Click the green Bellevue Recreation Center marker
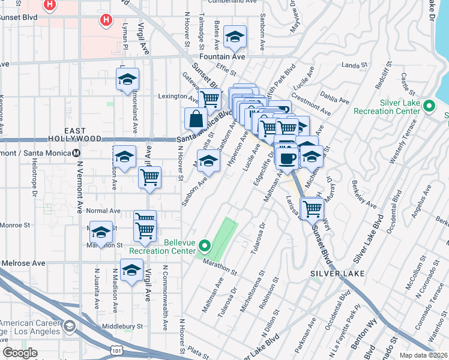pos(205,245)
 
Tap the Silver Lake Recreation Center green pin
pos(429,107)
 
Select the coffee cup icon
pos(287,157)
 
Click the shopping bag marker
pos(196,118)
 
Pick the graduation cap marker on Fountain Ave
pos(235,37)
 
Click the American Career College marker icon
pos(70,326)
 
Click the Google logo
pos(20,353)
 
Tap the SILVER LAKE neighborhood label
pos(330,273)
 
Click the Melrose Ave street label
pos(23,263)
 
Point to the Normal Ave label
pos(103,211)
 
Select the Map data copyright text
pos(424,355)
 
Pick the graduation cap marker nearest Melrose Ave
pos(131,271)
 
